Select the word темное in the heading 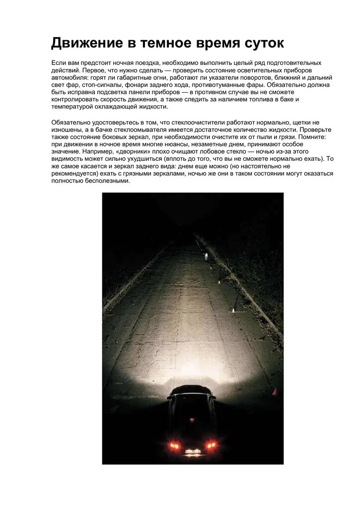pos(161,43)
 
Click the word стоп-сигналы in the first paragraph pos(101,85)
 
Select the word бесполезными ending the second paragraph pos(105,181)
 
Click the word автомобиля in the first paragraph pos(69,78)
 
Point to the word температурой pos(72,107)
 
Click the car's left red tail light pos(175,445)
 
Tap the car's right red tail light pos(211,445)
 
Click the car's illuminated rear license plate pos(193,451)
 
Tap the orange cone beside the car pos(274,392)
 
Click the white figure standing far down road pos(206,256)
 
